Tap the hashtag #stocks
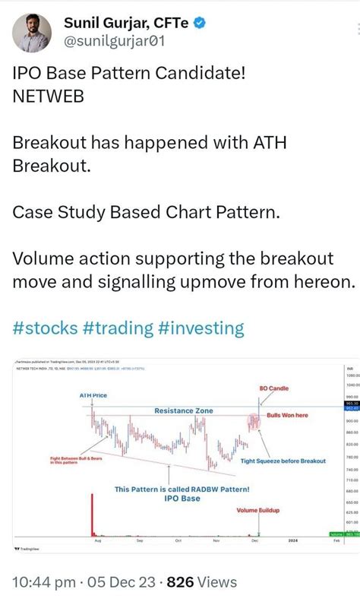(x=45, y=328)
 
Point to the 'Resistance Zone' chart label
(x=183, y=410)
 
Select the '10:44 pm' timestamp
(x=43, y=583)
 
